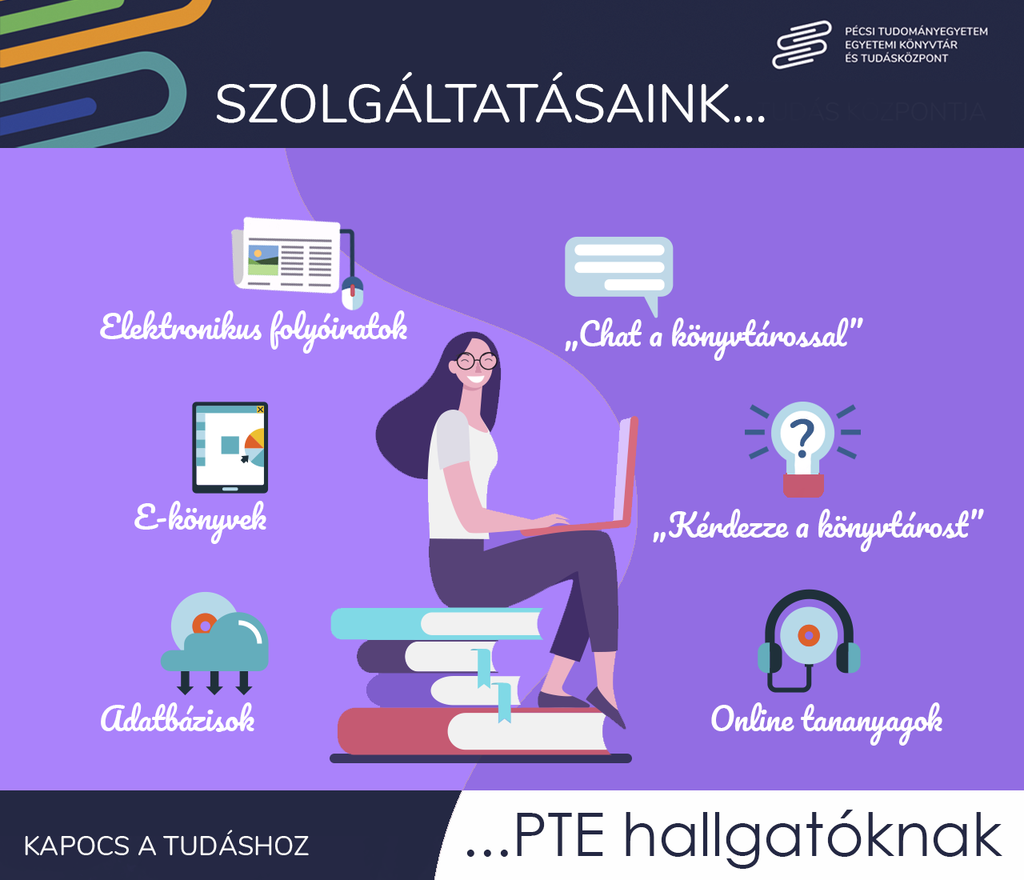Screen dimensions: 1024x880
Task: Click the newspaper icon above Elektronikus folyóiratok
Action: [x=286, y=254]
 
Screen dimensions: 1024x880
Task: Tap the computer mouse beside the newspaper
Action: [x=352, y=294]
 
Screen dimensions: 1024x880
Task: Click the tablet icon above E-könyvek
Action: [x=230, y=447]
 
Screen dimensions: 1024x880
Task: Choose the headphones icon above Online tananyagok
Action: [x=809, y=640]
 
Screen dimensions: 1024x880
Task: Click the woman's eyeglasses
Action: [x=477, y=362]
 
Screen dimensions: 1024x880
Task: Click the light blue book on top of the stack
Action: [x=437, y=623]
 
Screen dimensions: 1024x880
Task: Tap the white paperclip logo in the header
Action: [x=802, y=45]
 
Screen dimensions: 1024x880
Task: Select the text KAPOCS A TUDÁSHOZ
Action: [x=166, y=846]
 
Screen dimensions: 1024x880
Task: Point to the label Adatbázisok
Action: [x=178, y=718]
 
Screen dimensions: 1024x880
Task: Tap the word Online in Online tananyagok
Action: [x=752, y=718]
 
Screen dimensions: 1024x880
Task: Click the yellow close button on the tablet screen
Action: [x=260, y=410]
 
